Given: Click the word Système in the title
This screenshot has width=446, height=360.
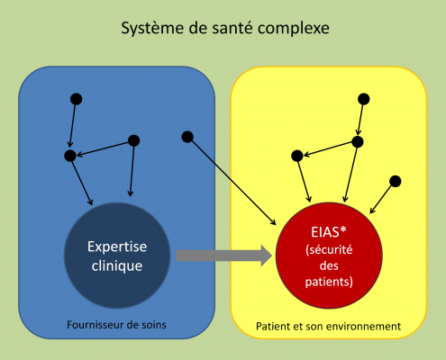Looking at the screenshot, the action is click(153, 29).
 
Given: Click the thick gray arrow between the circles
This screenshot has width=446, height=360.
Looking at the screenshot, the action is click(224, 256).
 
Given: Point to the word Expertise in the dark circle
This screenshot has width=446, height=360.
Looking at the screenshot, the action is click(117, 247).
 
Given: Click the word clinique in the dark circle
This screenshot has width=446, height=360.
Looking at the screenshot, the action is click(117, 266).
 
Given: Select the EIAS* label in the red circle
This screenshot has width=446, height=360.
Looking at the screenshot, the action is click(329, 232).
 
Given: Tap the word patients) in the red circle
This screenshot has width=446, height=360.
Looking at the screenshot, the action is click(329, 282).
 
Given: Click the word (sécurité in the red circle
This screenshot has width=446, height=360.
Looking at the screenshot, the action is click(329, 249).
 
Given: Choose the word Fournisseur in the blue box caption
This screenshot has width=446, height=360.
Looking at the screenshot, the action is click(96, 325).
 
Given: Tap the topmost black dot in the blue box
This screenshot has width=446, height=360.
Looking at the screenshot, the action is click(76, 99).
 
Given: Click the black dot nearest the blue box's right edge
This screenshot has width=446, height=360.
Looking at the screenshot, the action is click(187, 137).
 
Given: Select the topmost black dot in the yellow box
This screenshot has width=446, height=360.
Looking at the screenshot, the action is click(363, 99).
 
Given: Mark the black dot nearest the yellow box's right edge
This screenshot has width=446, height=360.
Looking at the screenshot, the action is click(395, 181).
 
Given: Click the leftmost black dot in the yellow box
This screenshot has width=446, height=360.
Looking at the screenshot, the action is click(297, 156).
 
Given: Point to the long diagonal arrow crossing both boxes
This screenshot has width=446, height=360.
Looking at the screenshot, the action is click(232, 181).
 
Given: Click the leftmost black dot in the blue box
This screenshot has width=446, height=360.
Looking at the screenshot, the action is click(70, 156).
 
